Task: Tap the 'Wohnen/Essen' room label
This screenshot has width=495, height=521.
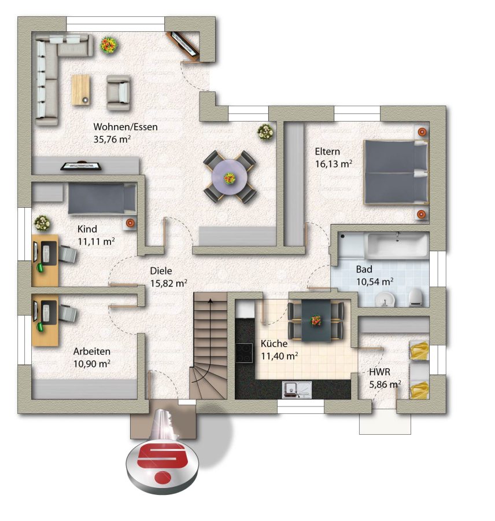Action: click(x=125, y=127)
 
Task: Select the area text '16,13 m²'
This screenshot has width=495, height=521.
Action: click(x=333, y=164)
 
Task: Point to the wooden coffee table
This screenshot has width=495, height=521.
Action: click(x=81, y=90)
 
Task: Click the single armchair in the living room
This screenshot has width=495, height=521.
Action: click(x=118, y=93)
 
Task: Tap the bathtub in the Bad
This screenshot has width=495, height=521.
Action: click(x=397, y=245)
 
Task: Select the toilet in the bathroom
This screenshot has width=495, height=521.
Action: click(x=415, y=297)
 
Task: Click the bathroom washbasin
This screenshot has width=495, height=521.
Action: click(x=385, y=300)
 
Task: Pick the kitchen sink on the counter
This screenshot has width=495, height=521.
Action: click(x=297, y=390)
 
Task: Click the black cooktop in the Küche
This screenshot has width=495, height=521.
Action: click(x=244, y=353)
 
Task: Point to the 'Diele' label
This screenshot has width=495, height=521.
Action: click(x=161, y=270)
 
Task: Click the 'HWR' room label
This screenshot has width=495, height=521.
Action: click(x=379, y=372)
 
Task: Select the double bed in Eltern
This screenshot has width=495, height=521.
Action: click(x=396, y=172)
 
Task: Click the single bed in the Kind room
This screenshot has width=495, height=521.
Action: click(x=102, y=199)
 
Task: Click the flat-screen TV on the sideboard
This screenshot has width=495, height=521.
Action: click(x=81, y=166)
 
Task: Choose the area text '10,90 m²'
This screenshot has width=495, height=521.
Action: click(x=92, y=364)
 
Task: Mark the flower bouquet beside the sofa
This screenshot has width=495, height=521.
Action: click(x=109, y=45)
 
